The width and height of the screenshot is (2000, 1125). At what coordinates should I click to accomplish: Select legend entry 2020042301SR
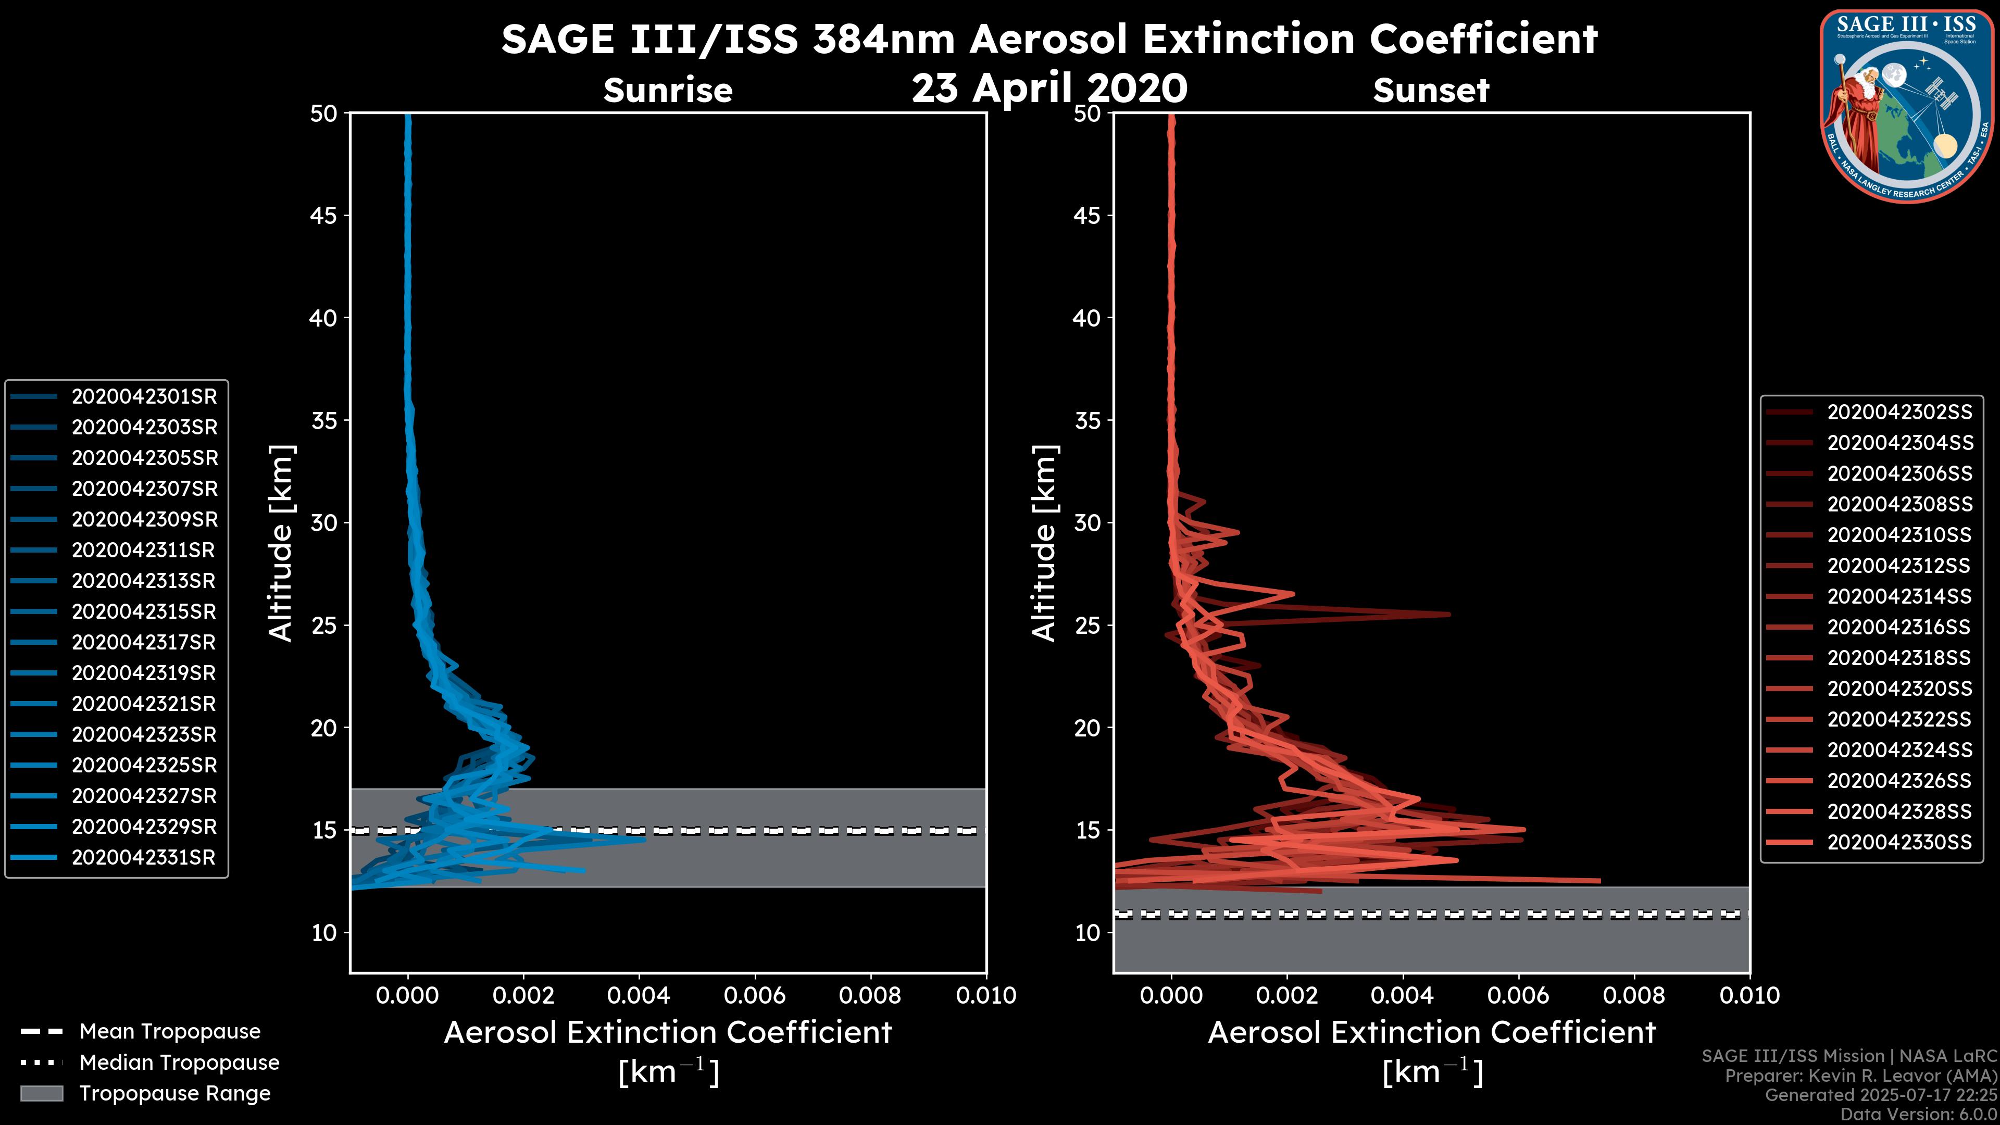point(144,397)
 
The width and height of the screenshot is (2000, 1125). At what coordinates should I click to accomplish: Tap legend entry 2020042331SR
point(144,858)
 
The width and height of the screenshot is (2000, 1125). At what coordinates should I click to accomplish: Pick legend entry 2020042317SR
point(144,643)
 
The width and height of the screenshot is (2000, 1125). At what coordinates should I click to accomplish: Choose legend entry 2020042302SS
point(1899,413)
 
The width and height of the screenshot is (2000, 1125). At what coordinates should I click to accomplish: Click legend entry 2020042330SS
point(1899,842)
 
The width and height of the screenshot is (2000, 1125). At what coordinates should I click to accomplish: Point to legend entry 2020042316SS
point(1899,627)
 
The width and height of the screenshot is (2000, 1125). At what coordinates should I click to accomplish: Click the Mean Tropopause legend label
point(170,1032)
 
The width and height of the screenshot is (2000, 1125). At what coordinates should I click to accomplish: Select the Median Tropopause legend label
point(179,1063)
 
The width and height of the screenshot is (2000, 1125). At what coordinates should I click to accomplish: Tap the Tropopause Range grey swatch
point(41,1094)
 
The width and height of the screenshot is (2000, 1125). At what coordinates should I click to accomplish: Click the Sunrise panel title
point(668,91)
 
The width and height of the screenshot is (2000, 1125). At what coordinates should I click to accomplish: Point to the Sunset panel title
point(1431,91)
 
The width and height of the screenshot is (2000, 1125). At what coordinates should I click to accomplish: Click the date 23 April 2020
point(1049,87)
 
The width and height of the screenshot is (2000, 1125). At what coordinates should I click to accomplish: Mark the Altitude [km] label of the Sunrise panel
point(281,543)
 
